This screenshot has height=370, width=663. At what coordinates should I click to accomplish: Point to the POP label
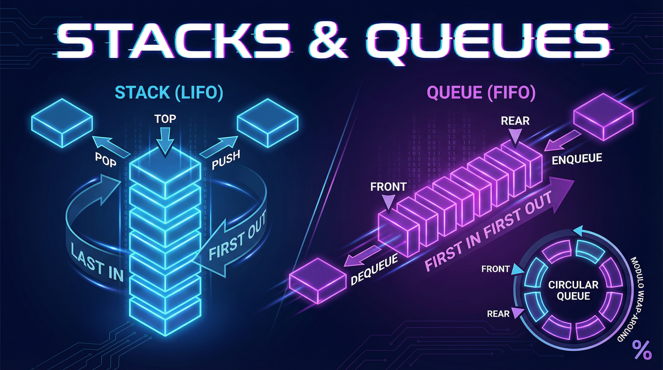(106, 160)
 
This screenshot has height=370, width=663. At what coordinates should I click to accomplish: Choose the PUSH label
(226, 160)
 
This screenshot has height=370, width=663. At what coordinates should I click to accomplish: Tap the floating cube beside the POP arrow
(62, 122)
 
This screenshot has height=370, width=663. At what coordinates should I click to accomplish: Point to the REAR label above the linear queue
(515, 121)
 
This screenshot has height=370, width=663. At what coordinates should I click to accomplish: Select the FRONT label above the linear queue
(388, 187)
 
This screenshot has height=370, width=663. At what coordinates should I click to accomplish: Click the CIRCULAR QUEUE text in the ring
(573, 291)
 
